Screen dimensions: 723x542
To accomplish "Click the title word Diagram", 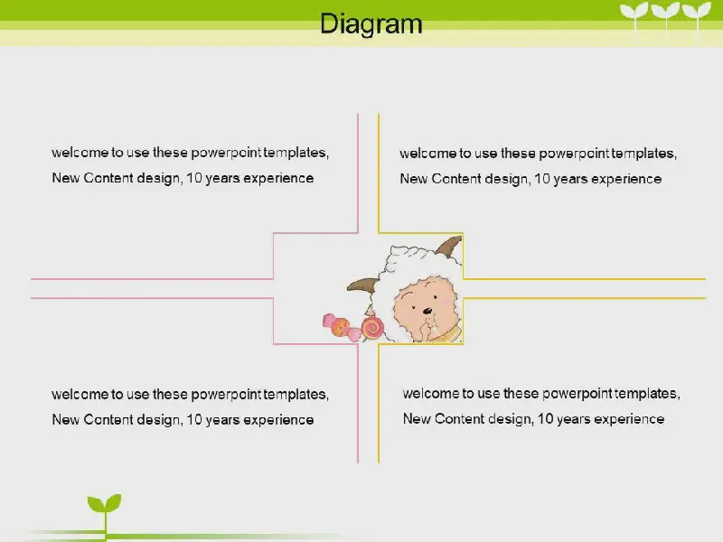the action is click(x=371, y=24).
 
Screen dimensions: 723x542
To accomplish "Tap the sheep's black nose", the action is click(x=427, y=311).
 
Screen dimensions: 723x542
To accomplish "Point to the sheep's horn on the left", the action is click(x=362, y=285).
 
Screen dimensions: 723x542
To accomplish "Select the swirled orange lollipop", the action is click(x=372, y=328).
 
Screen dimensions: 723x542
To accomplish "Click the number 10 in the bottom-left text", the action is click(x=194, y=419).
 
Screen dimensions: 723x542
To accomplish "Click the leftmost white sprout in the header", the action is click(x=634, y=14).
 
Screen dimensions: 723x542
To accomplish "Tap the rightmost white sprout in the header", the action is click(x=697, y=14).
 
